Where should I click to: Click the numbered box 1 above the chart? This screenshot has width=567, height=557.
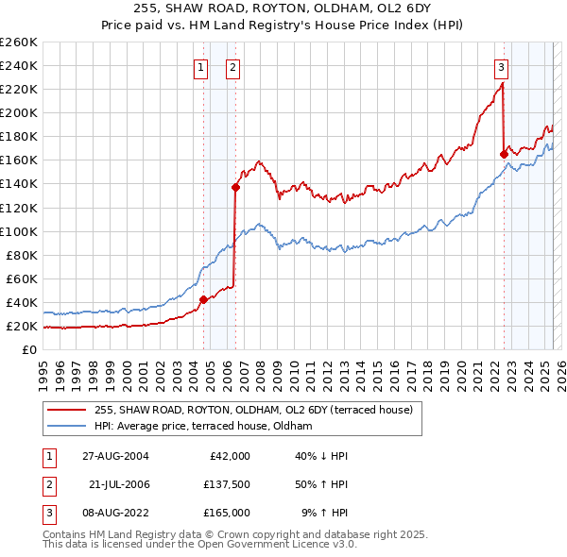tap(201, 67)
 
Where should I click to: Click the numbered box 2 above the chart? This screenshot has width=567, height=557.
tap(232, 67)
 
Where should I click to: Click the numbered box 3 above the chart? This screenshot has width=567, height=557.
tap(501, 67)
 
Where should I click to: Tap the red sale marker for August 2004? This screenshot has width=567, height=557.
tap(203, 300)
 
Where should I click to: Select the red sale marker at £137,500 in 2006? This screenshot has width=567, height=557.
tap(235, 187)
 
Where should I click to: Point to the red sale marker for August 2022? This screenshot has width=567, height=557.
tap(504, 154)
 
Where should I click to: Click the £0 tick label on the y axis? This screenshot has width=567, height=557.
tap(29, 350)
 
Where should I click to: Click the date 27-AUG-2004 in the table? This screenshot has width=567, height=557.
tap(115, 456)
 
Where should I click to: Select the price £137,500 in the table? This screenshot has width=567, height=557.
tap(227, 484)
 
